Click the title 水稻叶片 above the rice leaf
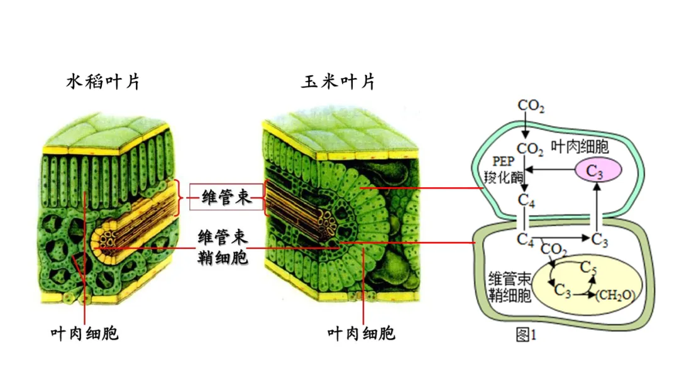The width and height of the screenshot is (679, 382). point(103,82)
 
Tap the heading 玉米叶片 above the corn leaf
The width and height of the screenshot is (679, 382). point(338,82)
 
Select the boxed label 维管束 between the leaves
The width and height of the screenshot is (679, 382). point(226,198)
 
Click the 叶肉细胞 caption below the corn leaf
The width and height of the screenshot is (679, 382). point(362,333)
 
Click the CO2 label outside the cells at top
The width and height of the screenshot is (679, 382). point(531,106)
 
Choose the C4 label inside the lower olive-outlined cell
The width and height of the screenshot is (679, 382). point(526,239)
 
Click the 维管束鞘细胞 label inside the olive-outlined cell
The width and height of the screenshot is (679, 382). point(510,287)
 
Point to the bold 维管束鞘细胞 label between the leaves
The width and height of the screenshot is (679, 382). point(223,247)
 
